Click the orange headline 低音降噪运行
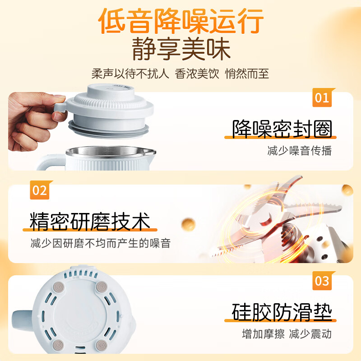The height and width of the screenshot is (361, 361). click(x=181, y=21)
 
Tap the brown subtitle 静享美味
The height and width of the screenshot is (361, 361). click(x=181, y=49)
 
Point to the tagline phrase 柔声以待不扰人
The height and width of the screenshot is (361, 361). click(x=130, y=74)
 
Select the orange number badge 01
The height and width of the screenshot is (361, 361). click(x=322, y=97)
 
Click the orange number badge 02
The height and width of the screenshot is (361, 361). click(x=40, y=190)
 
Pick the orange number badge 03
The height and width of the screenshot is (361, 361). click(x=322, y=281)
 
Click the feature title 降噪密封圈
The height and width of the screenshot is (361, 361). click(x=282, y=129)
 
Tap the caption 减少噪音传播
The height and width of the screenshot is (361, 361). click(x=300, y=151)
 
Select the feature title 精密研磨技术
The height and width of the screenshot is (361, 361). click(x=90, y=222)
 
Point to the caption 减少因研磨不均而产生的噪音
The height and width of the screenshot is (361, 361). click(x=101, y=243)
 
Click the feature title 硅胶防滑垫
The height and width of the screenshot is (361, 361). click(x=282, y=312)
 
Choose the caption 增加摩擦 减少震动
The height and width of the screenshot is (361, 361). click(x=287, y=334)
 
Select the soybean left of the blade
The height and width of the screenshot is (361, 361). click(x=188, y=224)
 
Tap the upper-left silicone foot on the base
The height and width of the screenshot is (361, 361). click(x=59, y=287)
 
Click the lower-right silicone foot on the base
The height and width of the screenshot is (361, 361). click(x=102, y=345)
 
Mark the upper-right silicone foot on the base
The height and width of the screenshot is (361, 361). click(x=102, y=287)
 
